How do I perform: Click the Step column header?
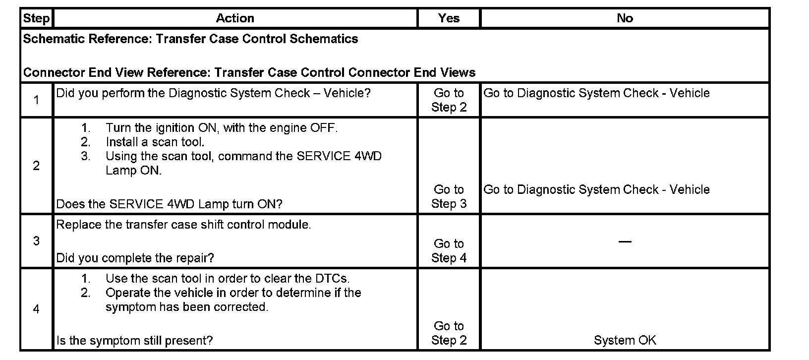pos(36,18)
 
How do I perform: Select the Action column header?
pos(235,18)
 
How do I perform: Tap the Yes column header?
pos(449,18)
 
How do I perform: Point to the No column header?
pos(625,18)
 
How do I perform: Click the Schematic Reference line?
pos(190,39)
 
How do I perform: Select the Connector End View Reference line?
pos(249,73)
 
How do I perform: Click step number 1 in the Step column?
pos(36,100)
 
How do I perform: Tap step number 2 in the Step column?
pos(36,166)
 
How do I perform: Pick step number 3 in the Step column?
pos(36,241)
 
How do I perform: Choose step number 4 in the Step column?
pos(36,309)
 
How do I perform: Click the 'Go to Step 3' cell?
pos(449,196)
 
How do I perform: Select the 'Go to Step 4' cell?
pos(449,250)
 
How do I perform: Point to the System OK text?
pos(625,340)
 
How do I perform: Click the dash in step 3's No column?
pos(625,241)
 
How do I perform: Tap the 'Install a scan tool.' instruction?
pos(155,142)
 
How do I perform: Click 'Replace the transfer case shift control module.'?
pos(183,225)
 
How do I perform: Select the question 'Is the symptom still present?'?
pos(134,341)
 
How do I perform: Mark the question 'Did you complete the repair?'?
pos(135,258)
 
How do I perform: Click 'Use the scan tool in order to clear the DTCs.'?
pos(228,279)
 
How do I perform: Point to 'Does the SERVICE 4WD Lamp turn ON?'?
pos(169,204)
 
